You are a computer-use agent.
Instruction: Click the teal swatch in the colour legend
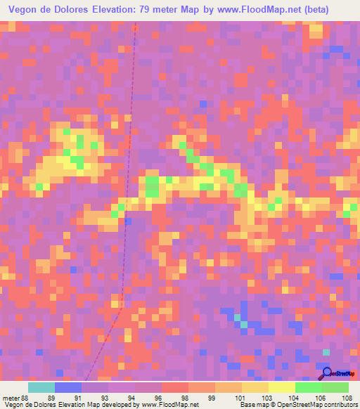41,387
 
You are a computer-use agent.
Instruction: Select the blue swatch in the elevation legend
68,387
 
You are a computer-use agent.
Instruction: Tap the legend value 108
347,397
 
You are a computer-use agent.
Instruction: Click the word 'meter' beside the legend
11,397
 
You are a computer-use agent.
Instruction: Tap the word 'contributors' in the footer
339,405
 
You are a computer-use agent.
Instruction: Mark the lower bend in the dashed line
120,307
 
